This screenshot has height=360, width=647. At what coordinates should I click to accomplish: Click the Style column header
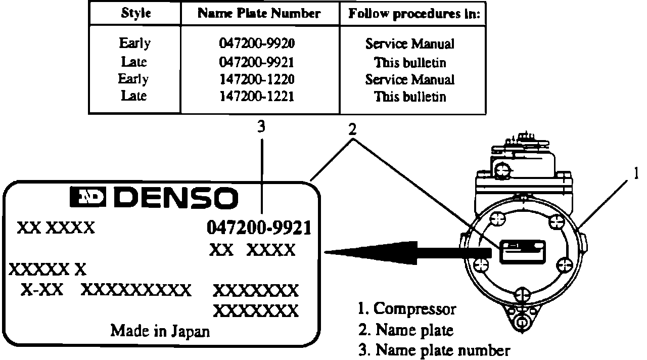135,14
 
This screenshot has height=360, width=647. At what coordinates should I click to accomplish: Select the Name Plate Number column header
259,14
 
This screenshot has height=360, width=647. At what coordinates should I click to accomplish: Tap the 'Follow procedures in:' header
413,14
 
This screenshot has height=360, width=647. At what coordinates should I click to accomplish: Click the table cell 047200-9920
257,44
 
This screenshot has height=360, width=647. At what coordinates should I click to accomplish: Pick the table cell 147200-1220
257,79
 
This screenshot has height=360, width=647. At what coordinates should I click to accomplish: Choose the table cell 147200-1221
257,96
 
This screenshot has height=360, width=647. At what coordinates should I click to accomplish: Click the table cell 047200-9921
257,62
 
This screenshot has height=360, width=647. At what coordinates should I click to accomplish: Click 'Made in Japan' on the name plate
160,331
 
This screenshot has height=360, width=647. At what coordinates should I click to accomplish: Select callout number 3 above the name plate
261,128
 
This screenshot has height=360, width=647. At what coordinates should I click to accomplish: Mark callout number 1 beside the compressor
636,173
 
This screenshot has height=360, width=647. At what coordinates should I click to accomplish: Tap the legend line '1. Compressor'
407,308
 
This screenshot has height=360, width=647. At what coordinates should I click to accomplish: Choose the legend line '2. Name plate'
406,330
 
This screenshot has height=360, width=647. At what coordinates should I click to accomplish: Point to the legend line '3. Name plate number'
434,350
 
